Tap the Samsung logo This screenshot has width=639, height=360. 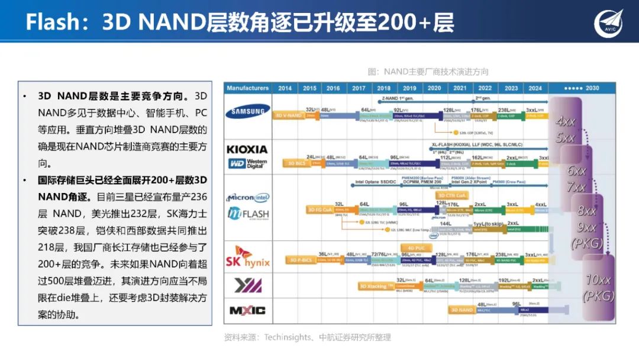pos(248,111)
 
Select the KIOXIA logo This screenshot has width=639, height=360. pos(247,149)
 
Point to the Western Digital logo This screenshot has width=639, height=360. pos(248,163)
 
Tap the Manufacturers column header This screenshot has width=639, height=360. pos(248,88)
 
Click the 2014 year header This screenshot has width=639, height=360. pos(285,88)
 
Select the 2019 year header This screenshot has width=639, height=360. pos(409,88)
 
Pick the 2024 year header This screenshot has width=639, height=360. pos(535,88)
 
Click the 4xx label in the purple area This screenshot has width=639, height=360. pos(566,122)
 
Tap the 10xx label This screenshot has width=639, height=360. pos(598,280)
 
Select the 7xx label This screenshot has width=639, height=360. pos(576,188)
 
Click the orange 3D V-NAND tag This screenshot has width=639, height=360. pos(288,115)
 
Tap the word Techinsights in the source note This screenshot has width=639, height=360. pos(288,337)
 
